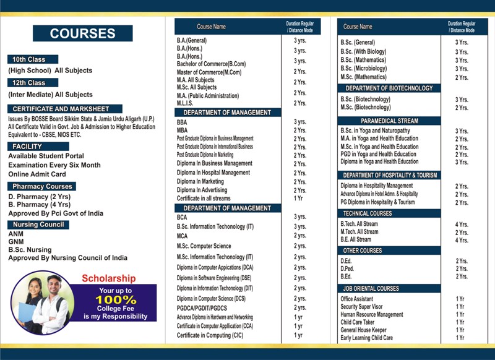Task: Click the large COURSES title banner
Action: click(x=82, y=33)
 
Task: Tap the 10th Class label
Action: click(x=29, y=59)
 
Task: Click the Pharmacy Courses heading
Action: click(x=42, y=186)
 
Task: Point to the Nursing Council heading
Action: click(x=38, y=225)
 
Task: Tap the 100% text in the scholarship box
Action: click(x=116, y=300)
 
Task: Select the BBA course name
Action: click(x=182, y=122)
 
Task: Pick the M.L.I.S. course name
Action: click(x=186, y=103)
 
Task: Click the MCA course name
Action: click(x=182, y=236)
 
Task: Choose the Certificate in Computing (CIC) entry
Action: click(x=210, y=335)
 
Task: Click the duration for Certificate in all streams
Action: click(x=299, y=198)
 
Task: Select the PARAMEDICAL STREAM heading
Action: click(x=390, y=121)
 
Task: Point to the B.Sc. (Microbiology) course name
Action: click(x=364, y=69)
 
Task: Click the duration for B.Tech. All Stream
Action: click(x=462, y=225)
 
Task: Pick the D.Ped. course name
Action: click(x=348, y=269)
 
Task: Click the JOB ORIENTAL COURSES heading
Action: click(x=371, y=289)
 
